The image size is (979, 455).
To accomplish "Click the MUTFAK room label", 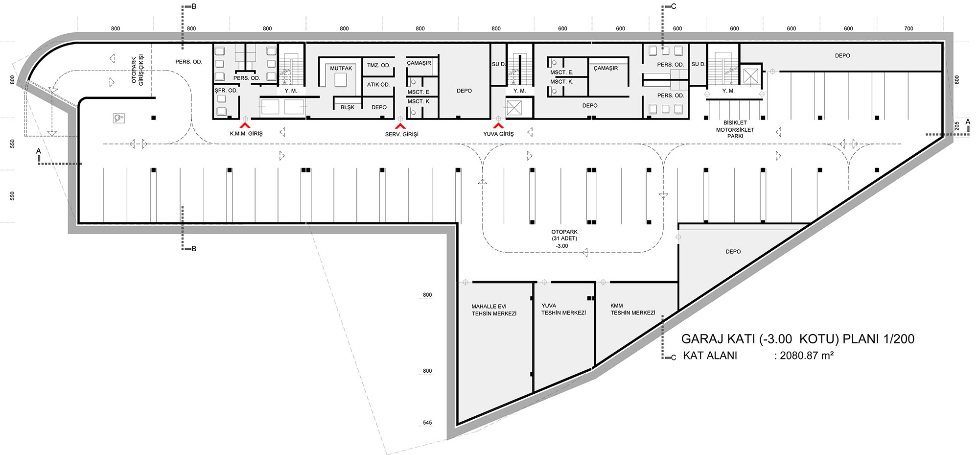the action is point(341,68).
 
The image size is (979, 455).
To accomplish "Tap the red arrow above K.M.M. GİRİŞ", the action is point(246,126).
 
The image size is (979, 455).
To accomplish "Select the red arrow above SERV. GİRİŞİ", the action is point(400,126).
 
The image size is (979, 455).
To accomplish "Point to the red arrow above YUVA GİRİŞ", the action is point(498,126).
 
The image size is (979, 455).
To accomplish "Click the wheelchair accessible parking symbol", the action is point(118,118).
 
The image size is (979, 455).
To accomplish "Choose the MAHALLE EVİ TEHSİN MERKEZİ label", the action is point(494,310).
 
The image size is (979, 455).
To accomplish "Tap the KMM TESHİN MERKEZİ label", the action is point(632,309).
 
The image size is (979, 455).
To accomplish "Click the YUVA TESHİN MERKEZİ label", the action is point(563,309).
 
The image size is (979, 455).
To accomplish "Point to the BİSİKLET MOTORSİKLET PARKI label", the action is point(735,129).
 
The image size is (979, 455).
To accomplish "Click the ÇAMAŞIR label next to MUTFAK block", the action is point(419,63).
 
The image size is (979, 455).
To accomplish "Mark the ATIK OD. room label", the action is point(378,85).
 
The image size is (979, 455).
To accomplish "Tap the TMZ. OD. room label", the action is point(378,65).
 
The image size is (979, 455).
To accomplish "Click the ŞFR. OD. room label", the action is point(226,91).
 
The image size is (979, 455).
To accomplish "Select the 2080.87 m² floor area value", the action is point(807,356).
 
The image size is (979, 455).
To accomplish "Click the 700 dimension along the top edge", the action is point(909,28).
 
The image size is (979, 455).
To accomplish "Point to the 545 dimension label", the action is point(427,423).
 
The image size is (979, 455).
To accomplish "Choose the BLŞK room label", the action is point(348,107).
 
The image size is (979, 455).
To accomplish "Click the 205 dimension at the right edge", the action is point(957,126).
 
